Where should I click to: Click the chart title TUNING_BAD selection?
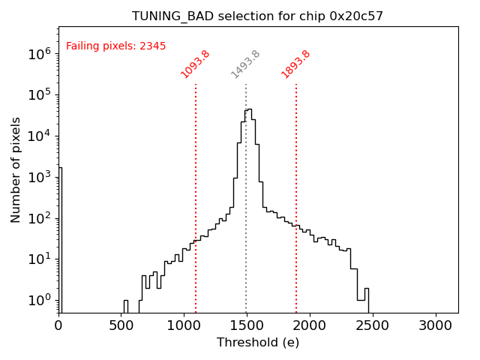257,16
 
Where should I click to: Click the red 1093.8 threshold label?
195,64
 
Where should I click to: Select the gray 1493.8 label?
245,64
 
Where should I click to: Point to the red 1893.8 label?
295,64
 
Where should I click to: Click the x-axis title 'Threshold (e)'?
258,343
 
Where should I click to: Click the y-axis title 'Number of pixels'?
16,169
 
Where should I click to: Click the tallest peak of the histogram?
249,110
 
